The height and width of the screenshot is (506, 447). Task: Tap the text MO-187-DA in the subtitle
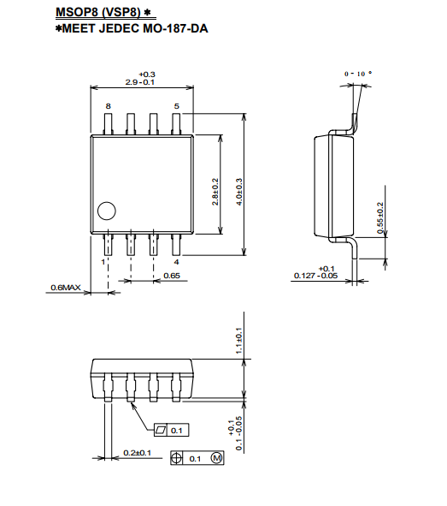click(x=175, y=28)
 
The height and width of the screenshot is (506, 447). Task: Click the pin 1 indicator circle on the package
click(x=107, y=211)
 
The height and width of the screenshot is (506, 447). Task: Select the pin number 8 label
click(x=109, y=106)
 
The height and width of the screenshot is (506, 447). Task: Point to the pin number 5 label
click(x=176, y=106)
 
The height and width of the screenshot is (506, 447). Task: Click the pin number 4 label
click(x=176, y=262)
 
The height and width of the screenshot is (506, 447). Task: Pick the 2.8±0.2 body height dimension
click(x=215, y=192)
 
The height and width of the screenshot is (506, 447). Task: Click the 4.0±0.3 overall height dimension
click(x=239, y=192)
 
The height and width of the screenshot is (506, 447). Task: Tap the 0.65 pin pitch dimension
click(x=172, y=276)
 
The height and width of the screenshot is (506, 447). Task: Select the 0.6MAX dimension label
click(x=66, y=287)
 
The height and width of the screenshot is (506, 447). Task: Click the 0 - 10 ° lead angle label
click(x=358, y=74)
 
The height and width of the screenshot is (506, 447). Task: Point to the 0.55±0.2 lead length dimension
click(x=380, y=217)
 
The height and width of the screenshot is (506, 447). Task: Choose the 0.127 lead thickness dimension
click(x=315, y=272)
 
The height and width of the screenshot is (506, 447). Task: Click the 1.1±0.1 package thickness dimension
click(x=238, y=341)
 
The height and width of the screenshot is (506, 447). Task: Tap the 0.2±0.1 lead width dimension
click(x=138, y=453)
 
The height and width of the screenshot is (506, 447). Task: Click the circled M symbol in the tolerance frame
click(x=217, y=458)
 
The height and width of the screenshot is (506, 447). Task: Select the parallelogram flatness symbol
click(x=161, y=430)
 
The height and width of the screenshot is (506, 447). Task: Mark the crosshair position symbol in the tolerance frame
click(x=176, y=458)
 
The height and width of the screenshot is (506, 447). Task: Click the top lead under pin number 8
click(x=109, y=123)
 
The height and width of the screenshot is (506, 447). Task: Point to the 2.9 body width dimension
click(x=140, y=79)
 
